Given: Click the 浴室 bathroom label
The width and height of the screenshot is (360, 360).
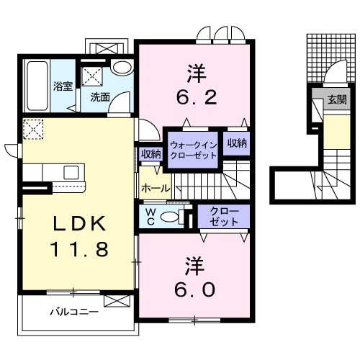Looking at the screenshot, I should pyautogui.click(x=62, y=86).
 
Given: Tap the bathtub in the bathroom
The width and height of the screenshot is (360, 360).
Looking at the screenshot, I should pyautogui.click(x=36, y=84).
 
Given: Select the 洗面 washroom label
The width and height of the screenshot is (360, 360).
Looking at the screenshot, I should pyautogui.click(x=99, y=96).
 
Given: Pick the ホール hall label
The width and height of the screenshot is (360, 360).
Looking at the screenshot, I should pyautogui.click(x=156, y=189).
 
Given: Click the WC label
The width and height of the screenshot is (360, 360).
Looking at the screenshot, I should pyautogui.click(x=150, y=216).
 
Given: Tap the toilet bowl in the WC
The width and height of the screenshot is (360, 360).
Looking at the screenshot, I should pyautogui.click(x=171, y=217).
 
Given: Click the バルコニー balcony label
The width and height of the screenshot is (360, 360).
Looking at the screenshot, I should pyautogui.click(x=73, y=312).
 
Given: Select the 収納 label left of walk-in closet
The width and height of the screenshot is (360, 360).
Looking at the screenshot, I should pyautogui.click(x=151, y=153).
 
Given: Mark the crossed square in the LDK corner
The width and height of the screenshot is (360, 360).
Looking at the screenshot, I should pyautogui.click(x=32, y=129).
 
